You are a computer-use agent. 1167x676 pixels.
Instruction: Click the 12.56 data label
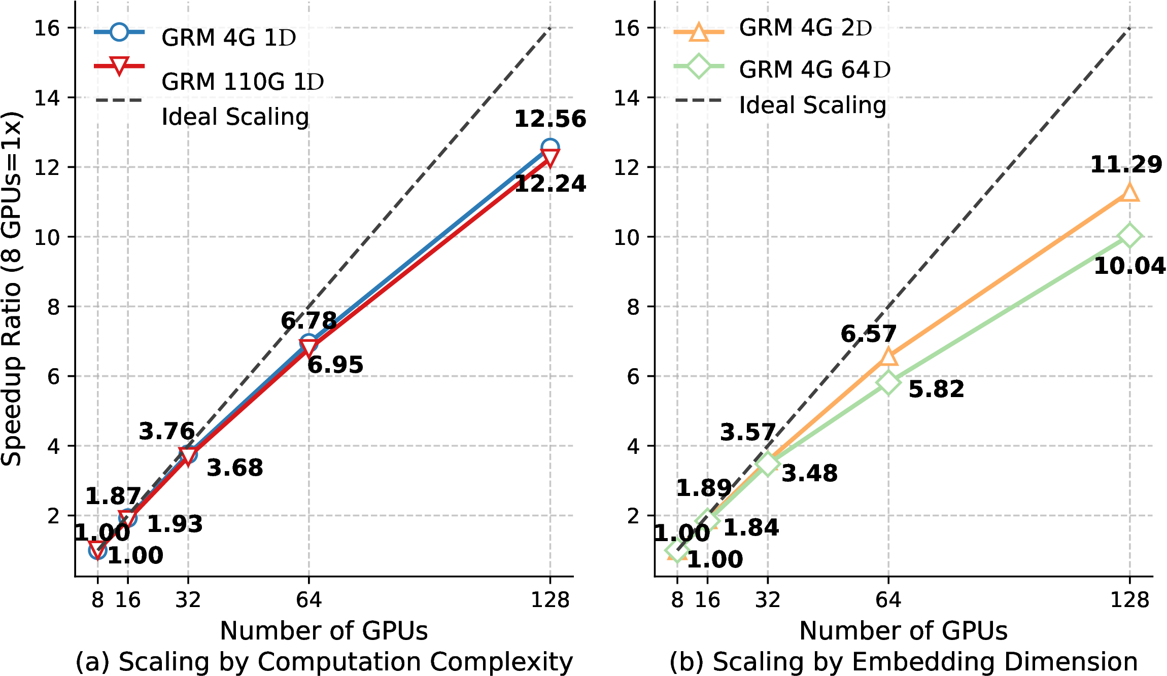[550, 119]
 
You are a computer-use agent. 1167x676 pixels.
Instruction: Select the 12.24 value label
[550, 184]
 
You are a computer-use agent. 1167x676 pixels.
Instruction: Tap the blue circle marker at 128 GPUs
[550, 148]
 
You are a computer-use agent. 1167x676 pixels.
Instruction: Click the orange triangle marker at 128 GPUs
[1129, 193]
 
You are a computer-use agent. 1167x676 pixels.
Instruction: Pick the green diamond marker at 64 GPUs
[888, 382]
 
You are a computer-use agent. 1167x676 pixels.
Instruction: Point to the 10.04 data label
[1129, 266]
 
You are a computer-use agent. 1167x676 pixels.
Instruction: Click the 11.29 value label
[1126, 165]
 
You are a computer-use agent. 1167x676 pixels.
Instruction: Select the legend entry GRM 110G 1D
[243, 82]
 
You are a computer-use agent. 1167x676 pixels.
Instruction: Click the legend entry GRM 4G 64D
[814, 69]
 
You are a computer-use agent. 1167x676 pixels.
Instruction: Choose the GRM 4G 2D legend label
[805, 28]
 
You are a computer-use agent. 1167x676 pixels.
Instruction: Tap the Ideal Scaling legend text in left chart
[235, 117]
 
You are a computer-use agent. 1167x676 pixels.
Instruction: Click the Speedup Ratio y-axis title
[11, 289]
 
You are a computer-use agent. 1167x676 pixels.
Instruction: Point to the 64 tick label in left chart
[308, 600]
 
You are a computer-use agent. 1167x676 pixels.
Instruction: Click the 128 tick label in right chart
[1129, 600]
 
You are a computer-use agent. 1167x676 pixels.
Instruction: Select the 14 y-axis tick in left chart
[47, 98]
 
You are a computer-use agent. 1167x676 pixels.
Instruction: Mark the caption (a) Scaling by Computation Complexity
[324, 662]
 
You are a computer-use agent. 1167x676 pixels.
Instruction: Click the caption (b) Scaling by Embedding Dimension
[903, 662]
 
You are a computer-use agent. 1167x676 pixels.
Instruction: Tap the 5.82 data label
[936, 389]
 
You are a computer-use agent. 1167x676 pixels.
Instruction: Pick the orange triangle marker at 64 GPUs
[888, 357]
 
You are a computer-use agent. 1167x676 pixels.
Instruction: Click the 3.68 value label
[235, 468]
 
